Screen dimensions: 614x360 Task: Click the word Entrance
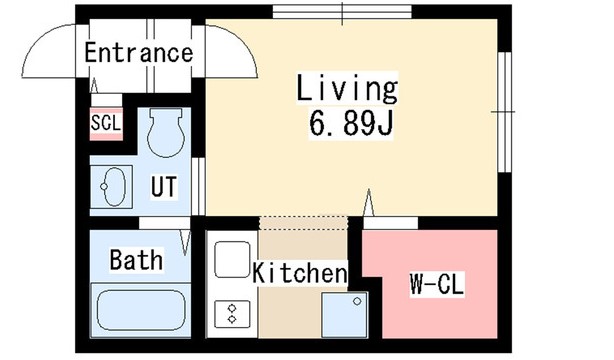(139, 53)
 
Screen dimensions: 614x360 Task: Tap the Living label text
(347, 89)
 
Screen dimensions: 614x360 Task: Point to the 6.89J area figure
(351, 123)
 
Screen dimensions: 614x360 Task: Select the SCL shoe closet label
(106, 123)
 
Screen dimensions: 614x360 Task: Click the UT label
(164, 186)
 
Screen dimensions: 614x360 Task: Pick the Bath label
(136, 260)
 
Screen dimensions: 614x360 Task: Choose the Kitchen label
(300, 273)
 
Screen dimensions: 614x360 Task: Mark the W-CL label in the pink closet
(437, 284)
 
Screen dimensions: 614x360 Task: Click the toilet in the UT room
(166, 132)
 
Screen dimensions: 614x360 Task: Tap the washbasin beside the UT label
(112, 186)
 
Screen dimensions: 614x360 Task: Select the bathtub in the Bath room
(141, 310)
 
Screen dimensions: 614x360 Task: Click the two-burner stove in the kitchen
(232, 314)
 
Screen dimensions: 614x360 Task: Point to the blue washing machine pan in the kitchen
(345, 315)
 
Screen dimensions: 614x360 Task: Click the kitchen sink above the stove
(232, 259)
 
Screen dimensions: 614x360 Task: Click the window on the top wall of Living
(342, 12)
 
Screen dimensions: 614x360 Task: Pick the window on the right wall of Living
(504, 112)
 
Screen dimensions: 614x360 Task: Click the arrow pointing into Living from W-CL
(368, 203)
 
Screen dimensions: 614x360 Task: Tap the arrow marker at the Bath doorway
(185, 243)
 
